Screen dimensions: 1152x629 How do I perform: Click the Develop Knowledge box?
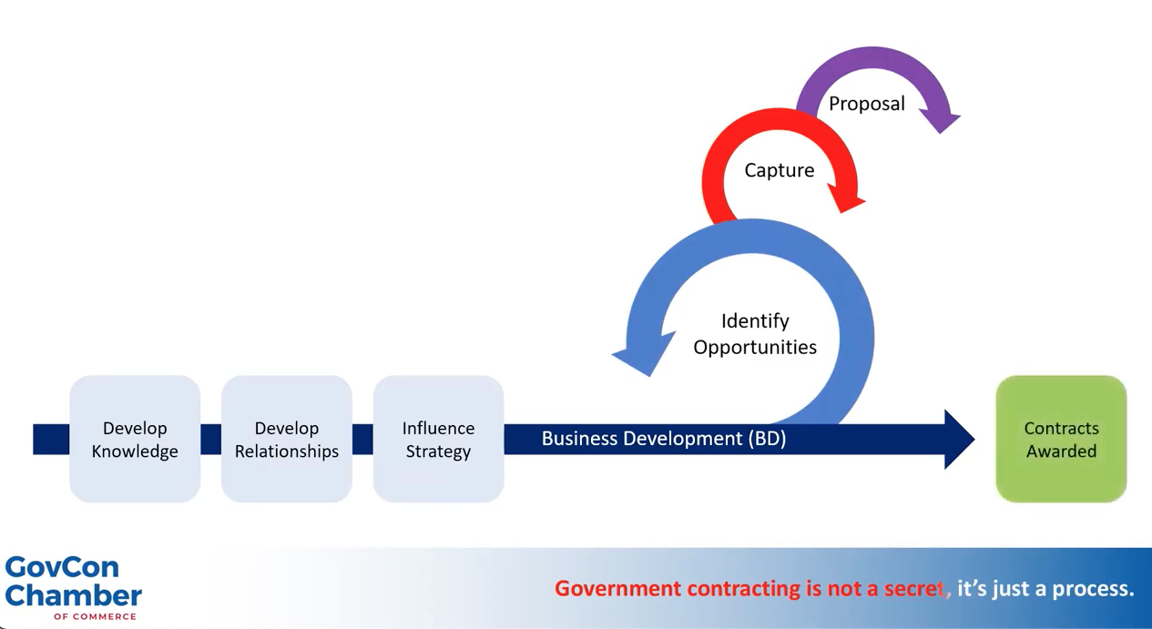point(135,439)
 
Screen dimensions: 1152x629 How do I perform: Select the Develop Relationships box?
point(287,439)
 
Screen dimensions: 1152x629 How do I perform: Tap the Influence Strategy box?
point(438,439)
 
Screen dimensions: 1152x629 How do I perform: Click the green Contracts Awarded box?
point(1061,439)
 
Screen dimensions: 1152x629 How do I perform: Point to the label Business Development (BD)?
point(663,439)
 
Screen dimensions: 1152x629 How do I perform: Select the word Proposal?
point(866,104)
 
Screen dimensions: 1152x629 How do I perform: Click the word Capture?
point(779,170)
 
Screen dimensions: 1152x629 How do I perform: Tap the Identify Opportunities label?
point(755,333)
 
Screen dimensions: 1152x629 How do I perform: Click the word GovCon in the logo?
point(62,567)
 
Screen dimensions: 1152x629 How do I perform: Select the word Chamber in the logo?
point(73,595)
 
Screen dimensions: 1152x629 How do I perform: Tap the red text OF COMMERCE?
point(95,616)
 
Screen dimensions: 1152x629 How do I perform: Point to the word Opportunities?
point(755,347)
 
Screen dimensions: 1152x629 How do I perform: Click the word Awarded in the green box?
point(1061,451)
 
